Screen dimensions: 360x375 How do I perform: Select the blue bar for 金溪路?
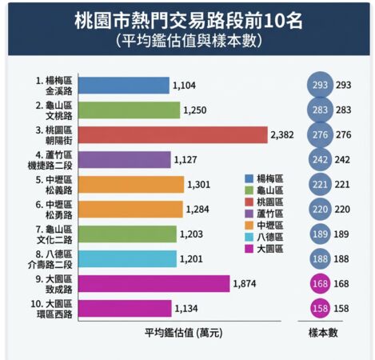tap(124, 86)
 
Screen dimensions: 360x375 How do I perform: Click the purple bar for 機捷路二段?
tap(125, 160)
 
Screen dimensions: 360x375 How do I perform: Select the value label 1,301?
tap(200, 184)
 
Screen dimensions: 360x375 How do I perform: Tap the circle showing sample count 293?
tap(319, 86)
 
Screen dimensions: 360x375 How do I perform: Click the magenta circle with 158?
tap(319, 307)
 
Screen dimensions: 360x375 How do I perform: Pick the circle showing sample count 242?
tap(319, 160)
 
